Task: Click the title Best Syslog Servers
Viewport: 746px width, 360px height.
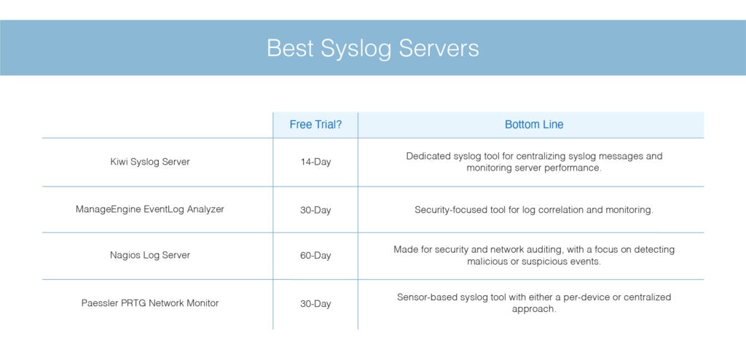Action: [372, 48]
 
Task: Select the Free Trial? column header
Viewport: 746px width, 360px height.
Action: [315, 125]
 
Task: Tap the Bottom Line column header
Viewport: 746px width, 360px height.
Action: [534, 125]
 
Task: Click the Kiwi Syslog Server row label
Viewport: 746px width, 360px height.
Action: [150, 162]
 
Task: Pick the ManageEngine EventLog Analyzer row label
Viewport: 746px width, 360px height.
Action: [150, 209]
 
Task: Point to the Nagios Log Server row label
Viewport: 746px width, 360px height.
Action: [150, 255]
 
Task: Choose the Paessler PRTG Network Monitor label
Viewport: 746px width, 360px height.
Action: [150, 303]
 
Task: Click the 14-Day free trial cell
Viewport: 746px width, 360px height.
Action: [315, 162]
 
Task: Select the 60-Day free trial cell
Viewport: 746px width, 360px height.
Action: [315, 256]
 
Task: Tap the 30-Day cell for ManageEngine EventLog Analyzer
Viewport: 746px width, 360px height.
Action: [315, 210]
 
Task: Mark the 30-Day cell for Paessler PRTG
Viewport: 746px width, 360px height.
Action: [315, 304]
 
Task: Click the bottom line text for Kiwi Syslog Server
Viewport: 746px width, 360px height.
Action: [534, 162]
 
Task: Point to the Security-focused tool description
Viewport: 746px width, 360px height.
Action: [534, 210]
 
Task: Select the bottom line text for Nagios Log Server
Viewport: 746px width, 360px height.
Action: [534, 255]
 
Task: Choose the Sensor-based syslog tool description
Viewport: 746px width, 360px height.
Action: [534, 302]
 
